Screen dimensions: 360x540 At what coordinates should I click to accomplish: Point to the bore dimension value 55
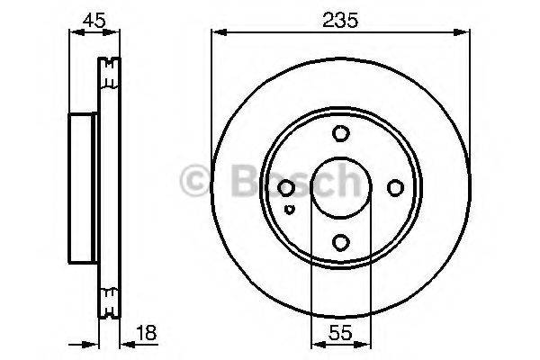coord(338,332)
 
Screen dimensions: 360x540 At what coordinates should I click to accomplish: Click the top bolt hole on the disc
coord(339,134)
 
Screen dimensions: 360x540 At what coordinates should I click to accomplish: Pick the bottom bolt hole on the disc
coord(339,241)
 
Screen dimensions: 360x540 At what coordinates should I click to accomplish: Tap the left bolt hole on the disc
coord(286,188)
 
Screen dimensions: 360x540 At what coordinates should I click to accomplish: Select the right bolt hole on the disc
coord(393,188)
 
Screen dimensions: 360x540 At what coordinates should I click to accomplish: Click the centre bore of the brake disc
coord(339,188)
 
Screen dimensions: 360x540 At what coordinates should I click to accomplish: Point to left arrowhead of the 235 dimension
coord(217,32)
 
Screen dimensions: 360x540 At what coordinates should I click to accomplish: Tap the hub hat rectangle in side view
coord(83,188)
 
